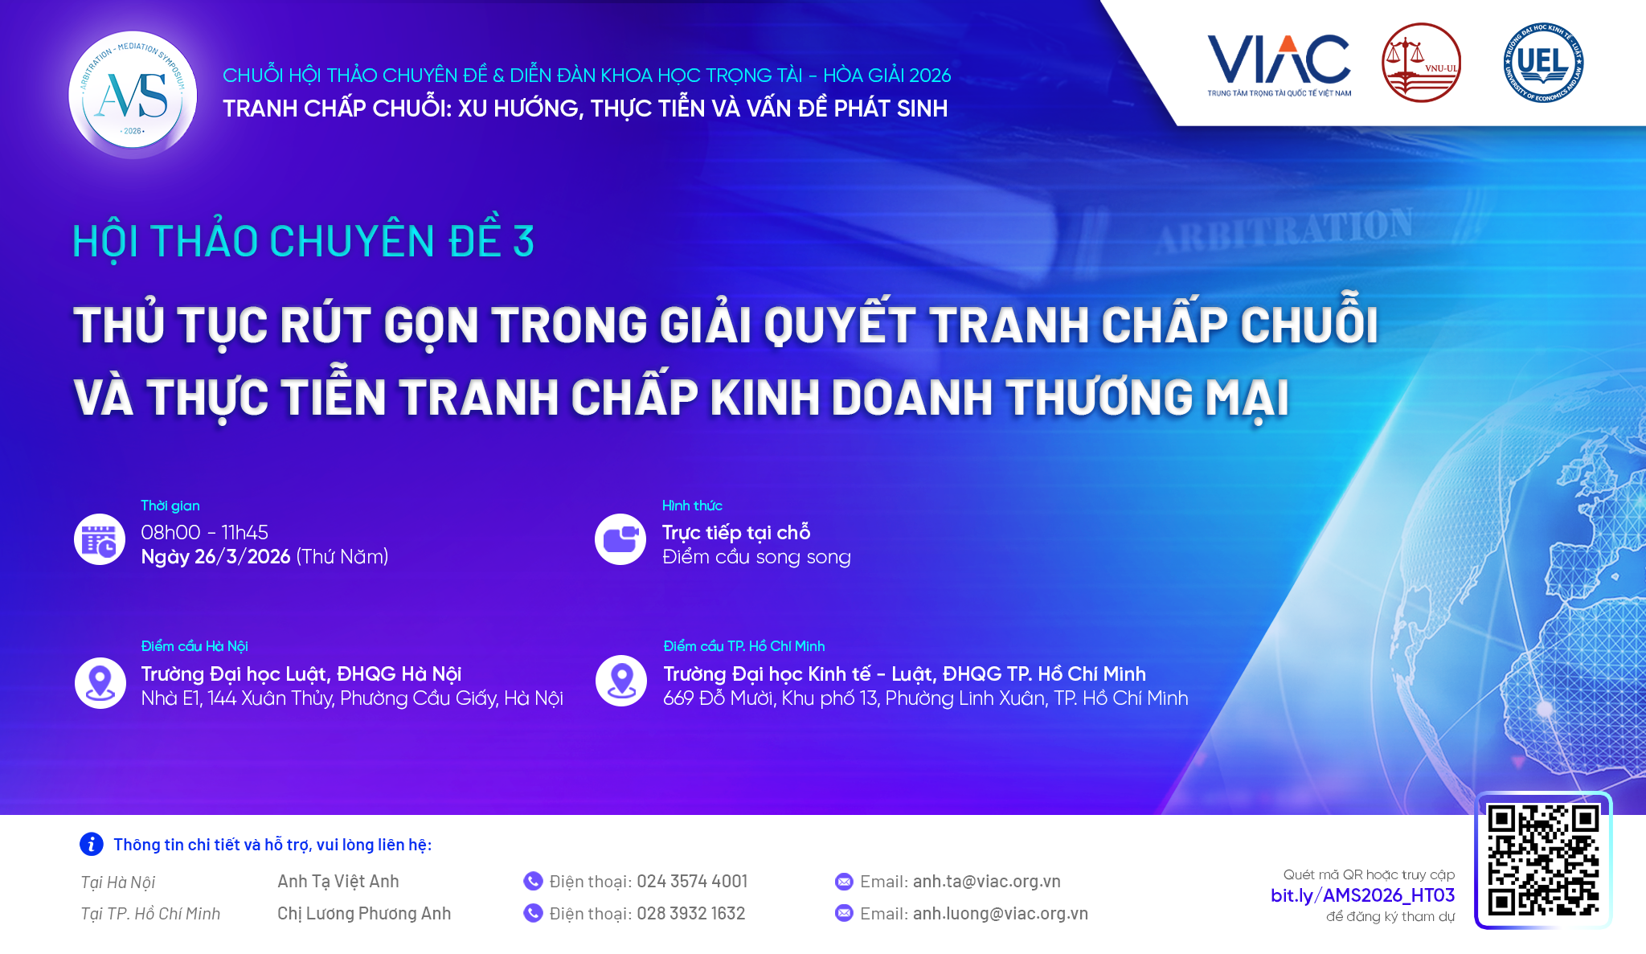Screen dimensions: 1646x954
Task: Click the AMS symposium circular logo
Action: pos(133,95)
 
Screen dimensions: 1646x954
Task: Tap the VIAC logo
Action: pos(1279,65)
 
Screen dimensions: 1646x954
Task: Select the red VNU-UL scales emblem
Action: pos(1421,63)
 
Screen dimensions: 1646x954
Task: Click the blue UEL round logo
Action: pos(1543,63)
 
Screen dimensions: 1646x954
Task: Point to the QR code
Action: pos(1543,860)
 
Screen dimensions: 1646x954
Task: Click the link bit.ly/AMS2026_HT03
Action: pos(1362,895)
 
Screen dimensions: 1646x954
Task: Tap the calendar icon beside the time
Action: pos(100,539)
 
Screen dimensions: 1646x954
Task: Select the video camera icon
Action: pos(620,539)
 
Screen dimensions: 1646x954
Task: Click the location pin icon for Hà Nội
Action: pos(100,683)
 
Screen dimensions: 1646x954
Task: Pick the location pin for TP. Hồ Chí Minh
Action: pos(621,681)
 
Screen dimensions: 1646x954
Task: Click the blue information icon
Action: pos(92,844)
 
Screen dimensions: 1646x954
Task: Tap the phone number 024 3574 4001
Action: pos(692,882)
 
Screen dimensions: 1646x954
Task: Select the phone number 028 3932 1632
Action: pos(691,914)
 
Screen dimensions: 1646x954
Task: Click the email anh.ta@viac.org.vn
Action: pos(987,882)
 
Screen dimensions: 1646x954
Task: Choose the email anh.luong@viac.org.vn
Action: pos(1001,914)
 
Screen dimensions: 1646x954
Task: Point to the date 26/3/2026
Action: pos(243,557)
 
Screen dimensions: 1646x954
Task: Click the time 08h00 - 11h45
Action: pos(205,532)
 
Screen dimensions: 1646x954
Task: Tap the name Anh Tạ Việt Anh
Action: pos(338,882)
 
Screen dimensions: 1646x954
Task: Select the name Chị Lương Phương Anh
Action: pos(364,914)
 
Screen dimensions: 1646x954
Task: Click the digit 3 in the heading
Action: pos(524,241)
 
